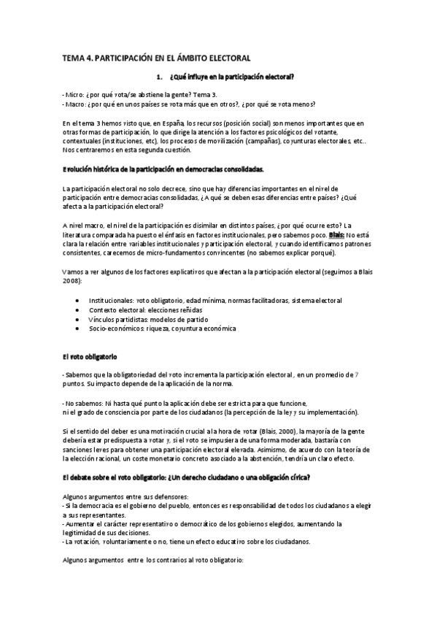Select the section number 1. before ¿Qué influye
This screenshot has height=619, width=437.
click(x=160, y=76)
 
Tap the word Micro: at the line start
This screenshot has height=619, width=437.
click(x=74, y=95)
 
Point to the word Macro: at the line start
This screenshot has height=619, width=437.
click(x=76, y=104)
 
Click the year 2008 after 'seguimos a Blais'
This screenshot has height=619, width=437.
click(x=71, y=280)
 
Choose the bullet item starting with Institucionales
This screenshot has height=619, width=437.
click(x=215, y=300)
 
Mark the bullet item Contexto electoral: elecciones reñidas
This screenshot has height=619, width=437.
click(x=151, y=309)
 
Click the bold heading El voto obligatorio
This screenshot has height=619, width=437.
click(x=90, y=357)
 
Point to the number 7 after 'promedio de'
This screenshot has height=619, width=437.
click(x=356, y=374)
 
